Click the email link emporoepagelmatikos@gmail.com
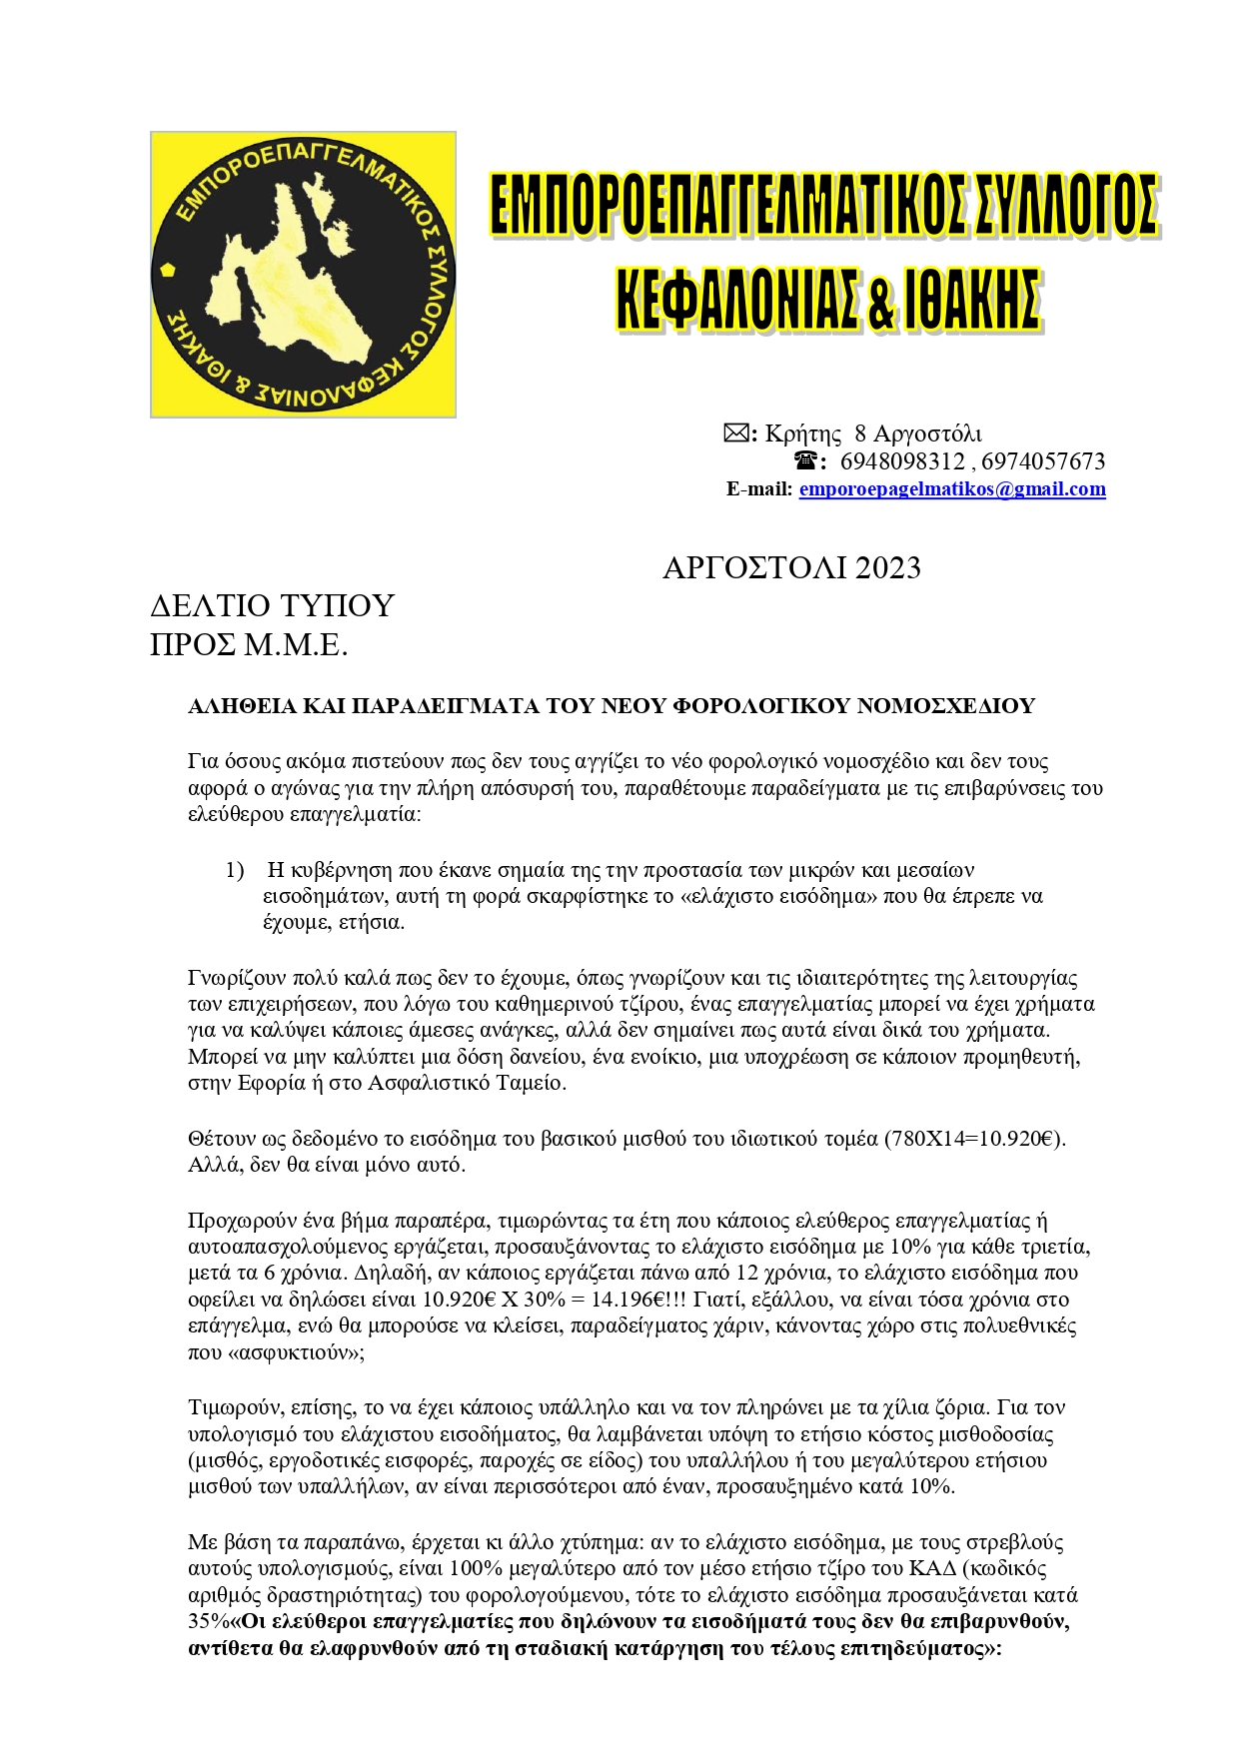coord(952,489)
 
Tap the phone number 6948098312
coord(902,461)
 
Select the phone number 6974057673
coord(1043,461)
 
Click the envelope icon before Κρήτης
coord(736,434)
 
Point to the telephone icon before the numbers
coord(805,461)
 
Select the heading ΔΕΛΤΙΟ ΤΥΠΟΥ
coord(272,606)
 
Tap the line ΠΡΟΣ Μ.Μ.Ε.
coord(249,645)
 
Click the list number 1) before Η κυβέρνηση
coord(235,870)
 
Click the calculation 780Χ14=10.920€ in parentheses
coord(973,1139)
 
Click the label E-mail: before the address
coord(759,489)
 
